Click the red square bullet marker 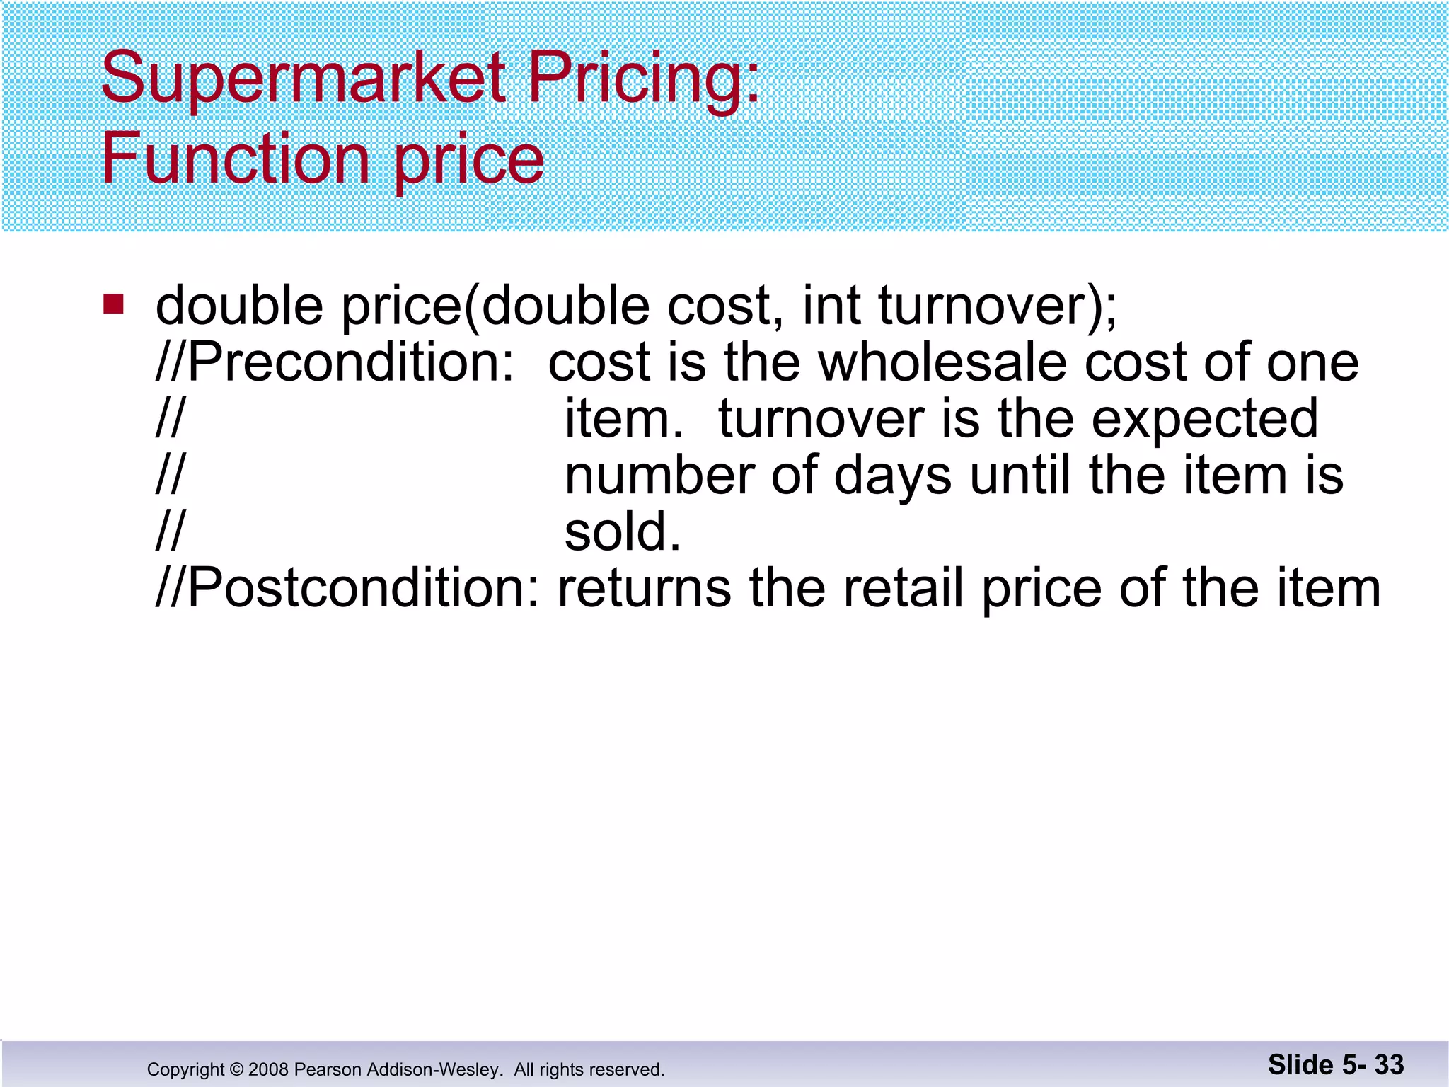(x=113, y=304)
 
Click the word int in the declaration (x=831, y=306)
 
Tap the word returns (x=644, y=589)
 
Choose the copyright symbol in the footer (x=236, y=1069)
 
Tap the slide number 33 (x=1389, y=1065)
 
